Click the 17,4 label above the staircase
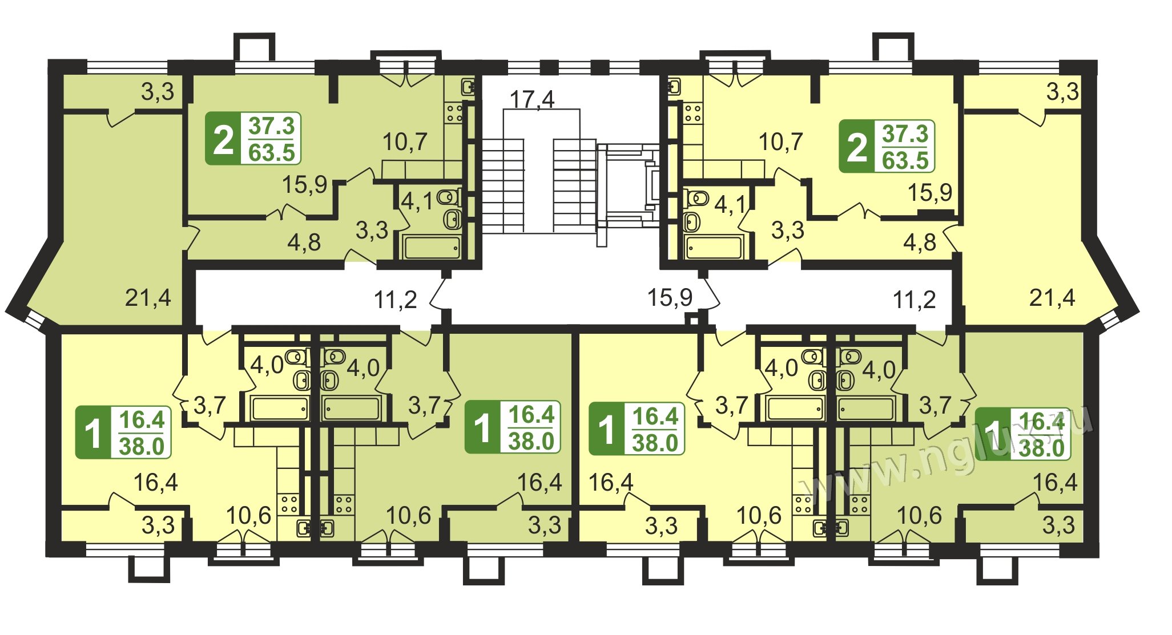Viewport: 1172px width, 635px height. point(531,99)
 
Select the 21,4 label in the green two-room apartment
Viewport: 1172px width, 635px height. point(148,297)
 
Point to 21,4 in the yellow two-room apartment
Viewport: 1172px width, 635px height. point(1052,297)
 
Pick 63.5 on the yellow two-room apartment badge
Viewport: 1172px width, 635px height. point(905,160)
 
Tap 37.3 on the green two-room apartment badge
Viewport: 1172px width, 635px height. point(271,126)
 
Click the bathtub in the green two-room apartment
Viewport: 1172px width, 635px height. point(432,247)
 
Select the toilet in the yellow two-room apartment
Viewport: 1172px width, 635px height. point(697,198)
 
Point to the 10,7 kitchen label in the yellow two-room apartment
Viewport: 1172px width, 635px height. point(780,141)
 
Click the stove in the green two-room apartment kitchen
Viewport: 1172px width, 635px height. point(454,112)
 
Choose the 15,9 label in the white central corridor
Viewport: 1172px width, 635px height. point(670,297)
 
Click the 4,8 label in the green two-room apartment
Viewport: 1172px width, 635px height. point(304,242)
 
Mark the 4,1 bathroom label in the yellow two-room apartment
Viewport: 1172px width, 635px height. point(730,204)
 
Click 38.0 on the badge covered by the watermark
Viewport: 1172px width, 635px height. point(1041,448)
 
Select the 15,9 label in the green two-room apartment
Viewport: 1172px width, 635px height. point(304,184)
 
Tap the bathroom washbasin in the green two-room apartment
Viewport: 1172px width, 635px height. point(453,219)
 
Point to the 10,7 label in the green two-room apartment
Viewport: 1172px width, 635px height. point(404,141)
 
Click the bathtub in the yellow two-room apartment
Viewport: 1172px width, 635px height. point(714,247)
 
